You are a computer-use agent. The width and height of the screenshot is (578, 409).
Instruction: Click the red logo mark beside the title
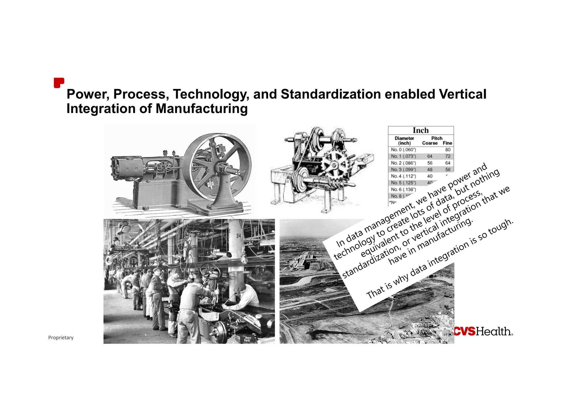59,83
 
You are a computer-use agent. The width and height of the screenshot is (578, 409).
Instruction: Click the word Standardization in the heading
331,94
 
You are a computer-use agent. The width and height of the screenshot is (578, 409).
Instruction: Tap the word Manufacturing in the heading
202,109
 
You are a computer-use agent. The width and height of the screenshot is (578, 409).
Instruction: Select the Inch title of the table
421,130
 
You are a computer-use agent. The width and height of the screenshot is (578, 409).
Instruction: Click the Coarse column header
430,143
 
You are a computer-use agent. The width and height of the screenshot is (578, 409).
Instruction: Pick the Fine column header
447,143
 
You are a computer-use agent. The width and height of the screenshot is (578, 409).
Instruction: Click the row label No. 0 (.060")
403,150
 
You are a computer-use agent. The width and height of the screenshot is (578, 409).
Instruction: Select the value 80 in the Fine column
448,150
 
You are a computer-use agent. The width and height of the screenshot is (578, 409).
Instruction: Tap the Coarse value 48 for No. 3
430,169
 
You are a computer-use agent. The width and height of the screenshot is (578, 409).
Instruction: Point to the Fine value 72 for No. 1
448,156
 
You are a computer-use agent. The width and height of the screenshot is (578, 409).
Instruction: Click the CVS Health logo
483,332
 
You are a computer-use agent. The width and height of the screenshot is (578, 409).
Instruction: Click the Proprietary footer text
61,338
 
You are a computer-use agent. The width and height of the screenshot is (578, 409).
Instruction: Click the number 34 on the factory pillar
239,236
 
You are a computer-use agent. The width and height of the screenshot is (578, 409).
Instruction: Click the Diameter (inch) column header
404,141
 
